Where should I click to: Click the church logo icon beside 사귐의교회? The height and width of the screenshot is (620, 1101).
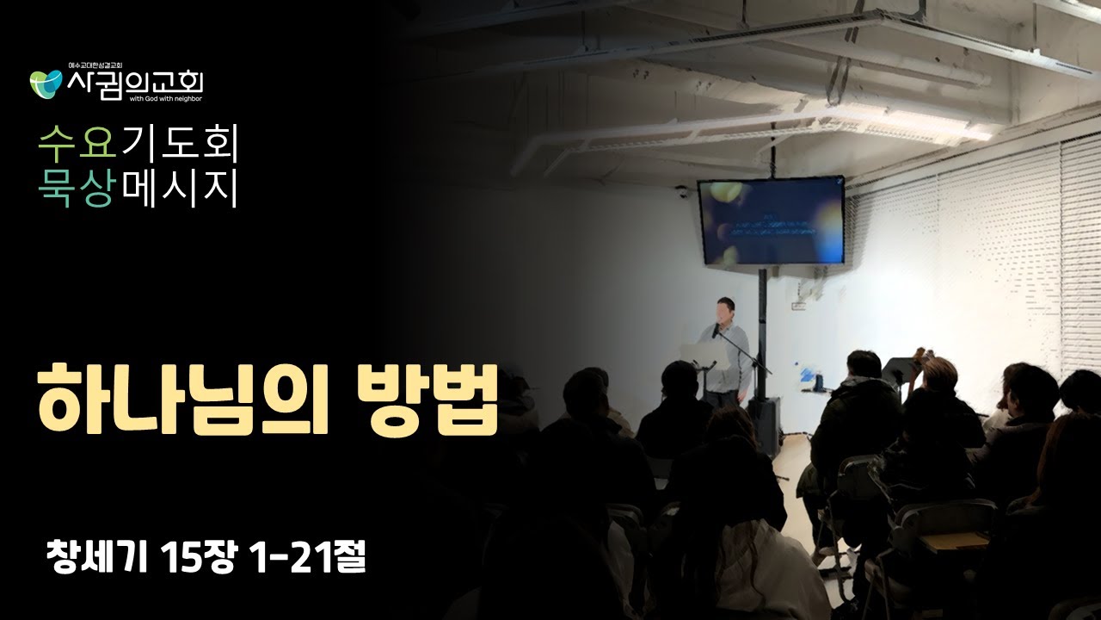(46, 84)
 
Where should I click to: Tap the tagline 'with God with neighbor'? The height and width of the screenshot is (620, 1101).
(165, 99)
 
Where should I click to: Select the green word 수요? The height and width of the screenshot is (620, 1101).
(77, 143)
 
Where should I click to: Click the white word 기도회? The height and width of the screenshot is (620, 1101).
(178, 143)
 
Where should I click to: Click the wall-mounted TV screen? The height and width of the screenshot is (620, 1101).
(770, 220)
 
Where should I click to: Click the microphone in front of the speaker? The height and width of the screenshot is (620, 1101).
(715, 331)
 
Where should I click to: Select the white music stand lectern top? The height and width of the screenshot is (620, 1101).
(697, 351)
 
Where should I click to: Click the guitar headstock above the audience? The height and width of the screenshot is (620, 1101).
(921, 355)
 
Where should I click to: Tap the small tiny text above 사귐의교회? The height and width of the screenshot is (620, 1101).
(95, 65)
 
